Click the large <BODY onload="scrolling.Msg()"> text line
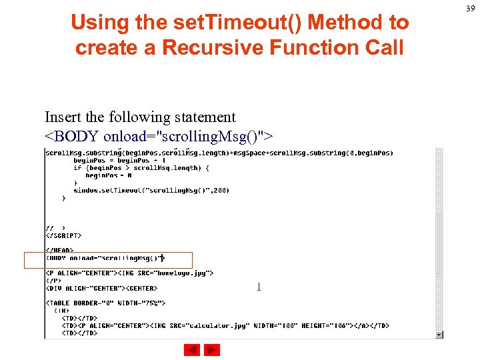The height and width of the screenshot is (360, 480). pos(159,137)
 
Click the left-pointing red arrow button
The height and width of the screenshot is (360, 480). pos(192,350)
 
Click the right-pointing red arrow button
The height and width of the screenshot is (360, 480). pos(212,350)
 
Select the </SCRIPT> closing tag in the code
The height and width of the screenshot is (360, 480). pos(63,235)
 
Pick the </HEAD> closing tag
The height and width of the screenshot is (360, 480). pos(59,250)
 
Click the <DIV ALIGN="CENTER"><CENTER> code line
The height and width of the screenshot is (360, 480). pos(101,288)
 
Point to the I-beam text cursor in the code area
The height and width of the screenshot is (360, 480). pos(259,287)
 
